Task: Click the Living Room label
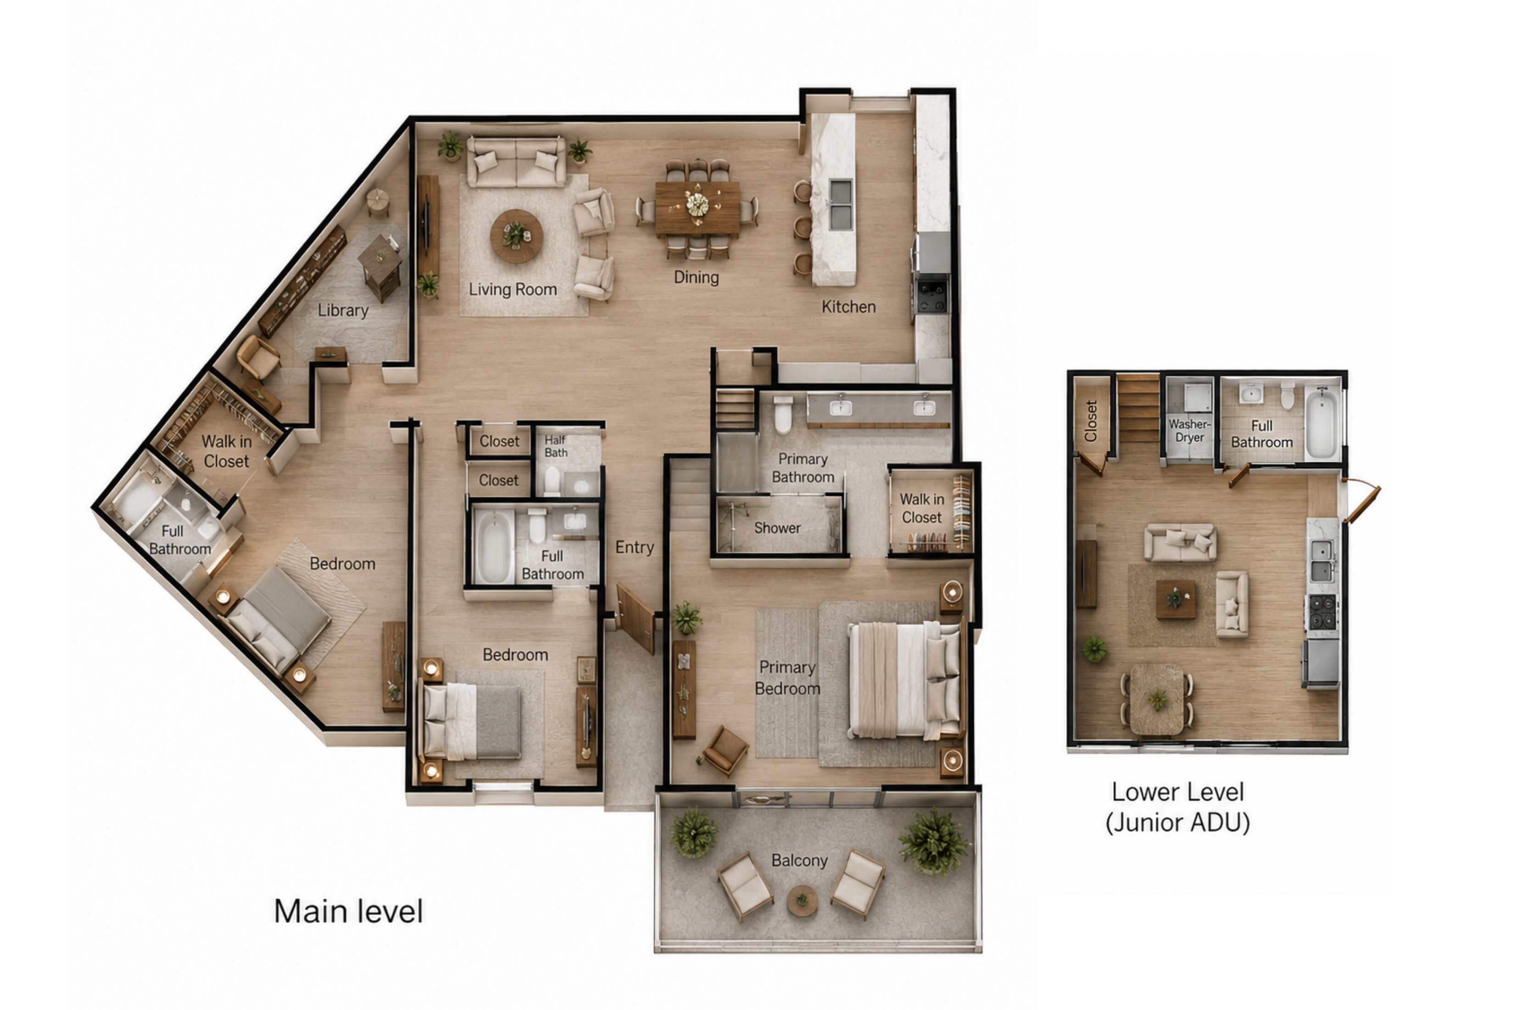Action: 513,290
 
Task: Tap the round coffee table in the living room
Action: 516,236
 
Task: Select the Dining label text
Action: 696,278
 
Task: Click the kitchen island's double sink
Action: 841,205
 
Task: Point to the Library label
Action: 342,310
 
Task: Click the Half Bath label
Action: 556,446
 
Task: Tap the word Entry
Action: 634,548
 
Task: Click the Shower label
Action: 777,528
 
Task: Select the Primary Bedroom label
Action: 787,678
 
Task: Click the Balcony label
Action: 799,860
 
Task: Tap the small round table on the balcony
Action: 802,900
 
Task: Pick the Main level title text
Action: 348,911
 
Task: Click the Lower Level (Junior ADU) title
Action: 1178,807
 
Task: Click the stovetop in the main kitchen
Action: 932,294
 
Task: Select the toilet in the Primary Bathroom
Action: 783,414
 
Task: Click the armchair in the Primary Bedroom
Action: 726,751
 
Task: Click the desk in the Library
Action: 380,265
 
